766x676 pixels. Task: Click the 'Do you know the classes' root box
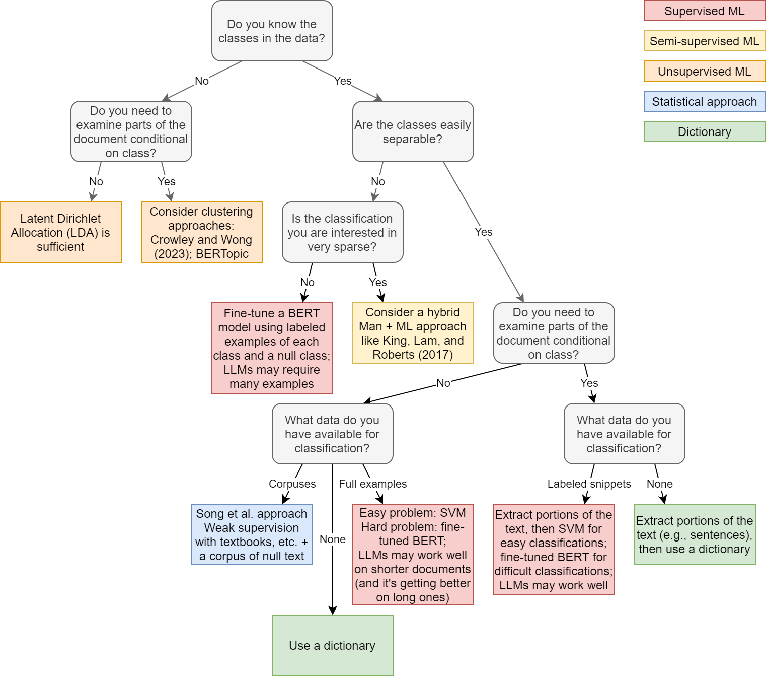(272, 31)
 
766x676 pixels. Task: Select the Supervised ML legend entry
(705, 11)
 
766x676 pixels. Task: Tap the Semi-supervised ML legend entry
(705, 41)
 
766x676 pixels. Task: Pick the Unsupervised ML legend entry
(705, 71)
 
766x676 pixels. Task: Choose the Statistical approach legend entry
(705, 101)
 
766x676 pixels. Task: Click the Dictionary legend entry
(705, 131)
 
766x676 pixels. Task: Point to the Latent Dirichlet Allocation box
(61, 232)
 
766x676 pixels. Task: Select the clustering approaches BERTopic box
(201, 232)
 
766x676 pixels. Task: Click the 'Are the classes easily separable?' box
(413, 131)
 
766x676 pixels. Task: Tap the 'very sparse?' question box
(343, 232)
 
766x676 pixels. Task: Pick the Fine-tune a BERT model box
(272, 348)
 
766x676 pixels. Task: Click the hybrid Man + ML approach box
(413, 332)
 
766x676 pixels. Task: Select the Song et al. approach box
(252, 534)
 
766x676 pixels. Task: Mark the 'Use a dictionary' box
(332, 645)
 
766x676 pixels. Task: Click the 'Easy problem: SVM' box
(413, 555)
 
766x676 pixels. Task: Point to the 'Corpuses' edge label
(292, 484)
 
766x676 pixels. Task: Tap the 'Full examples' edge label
(373, 484)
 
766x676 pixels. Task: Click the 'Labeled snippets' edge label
(589, 484)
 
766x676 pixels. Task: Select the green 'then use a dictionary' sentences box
(695, 534)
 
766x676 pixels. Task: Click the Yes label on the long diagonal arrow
(484, 232)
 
